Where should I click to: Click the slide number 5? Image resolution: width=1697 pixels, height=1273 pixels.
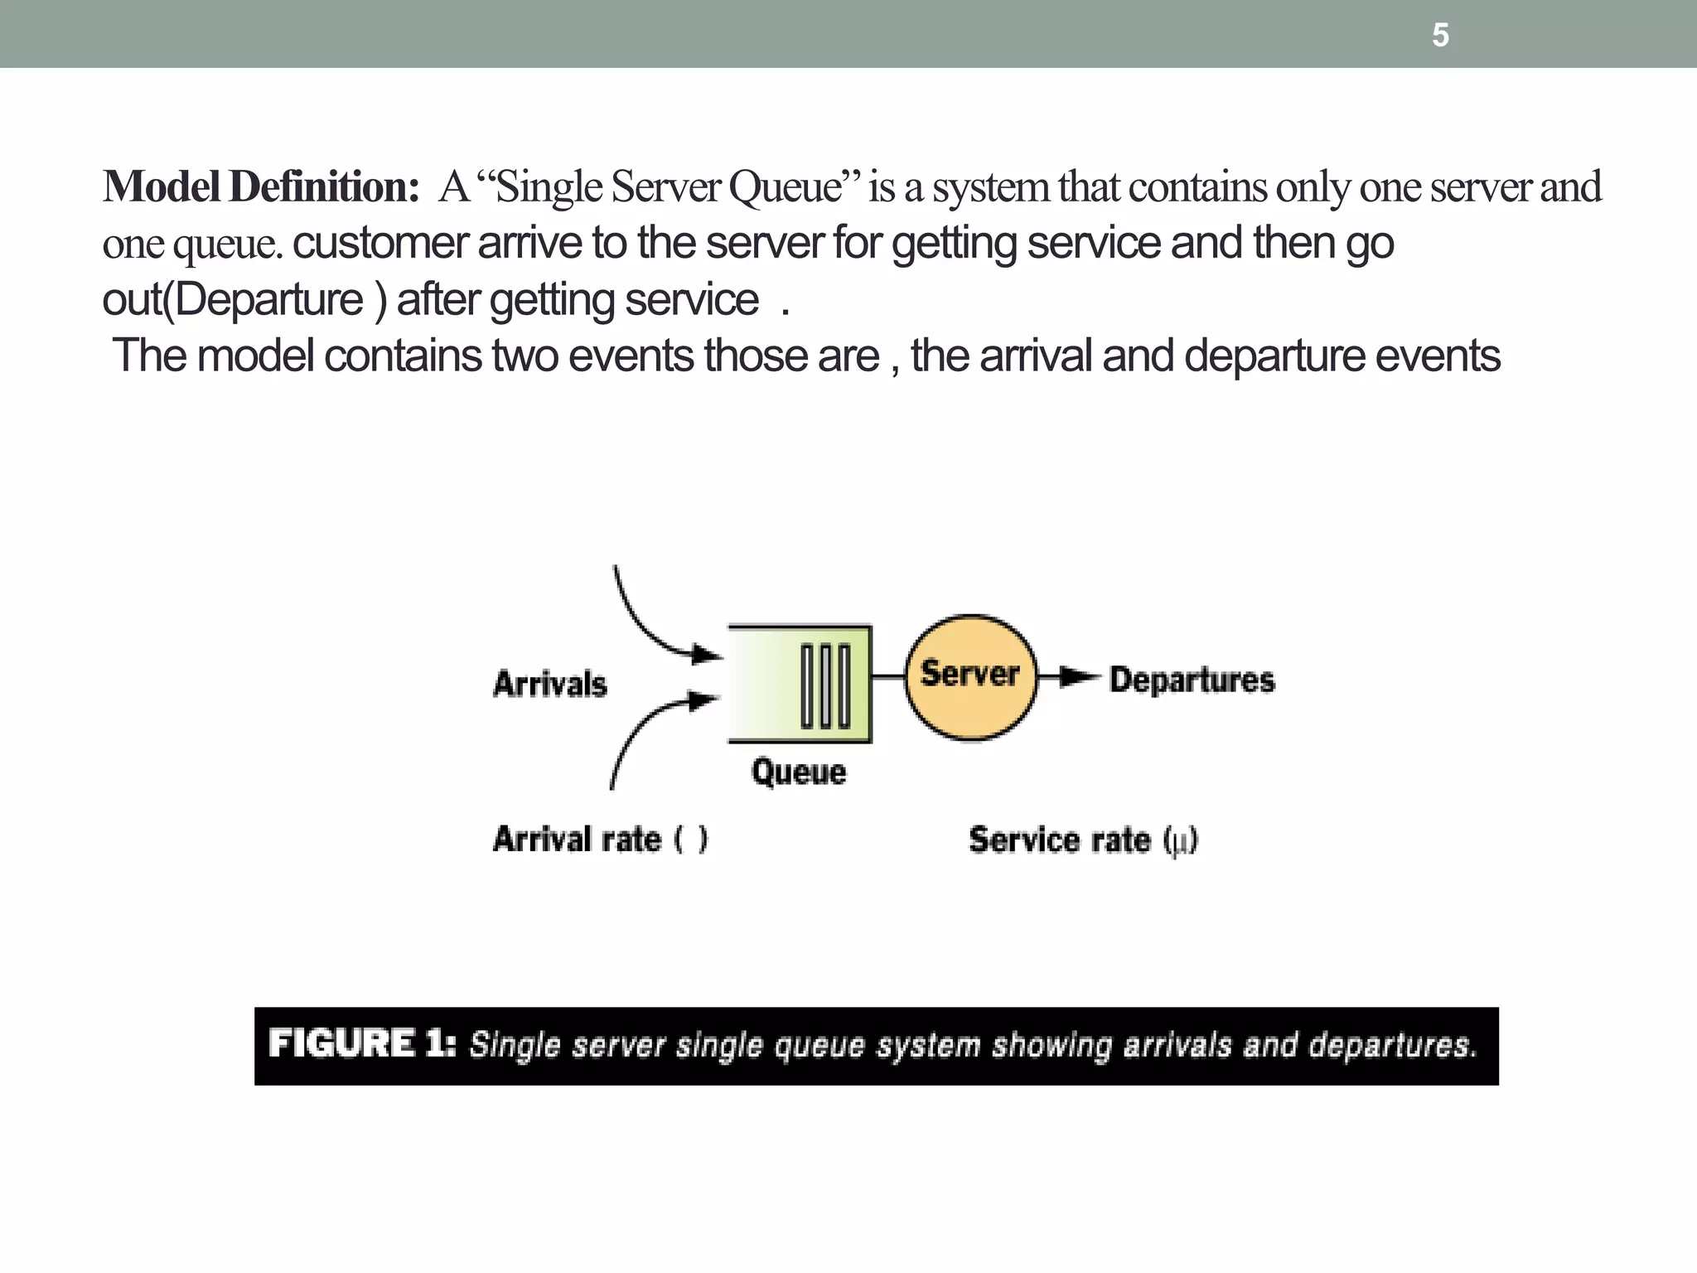point(1440,36)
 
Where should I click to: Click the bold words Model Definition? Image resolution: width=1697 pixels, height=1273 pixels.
point(261,186)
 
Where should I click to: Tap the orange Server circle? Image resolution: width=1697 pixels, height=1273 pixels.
point(969,677)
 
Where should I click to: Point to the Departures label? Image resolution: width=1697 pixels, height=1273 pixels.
point(1192,680)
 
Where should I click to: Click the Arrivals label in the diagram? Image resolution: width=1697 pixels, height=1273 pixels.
point(550,685)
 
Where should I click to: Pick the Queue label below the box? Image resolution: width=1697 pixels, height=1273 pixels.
point(799,772)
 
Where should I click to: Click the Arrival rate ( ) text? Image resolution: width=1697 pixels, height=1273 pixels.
point(600,840)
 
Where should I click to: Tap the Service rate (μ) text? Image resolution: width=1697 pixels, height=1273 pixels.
point(1083,840)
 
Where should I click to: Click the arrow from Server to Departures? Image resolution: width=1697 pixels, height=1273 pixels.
point(1071,677)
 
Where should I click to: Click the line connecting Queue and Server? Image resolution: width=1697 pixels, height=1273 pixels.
point(887,677)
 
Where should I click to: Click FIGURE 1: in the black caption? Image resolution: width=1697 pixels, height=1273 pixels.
point(361,1043)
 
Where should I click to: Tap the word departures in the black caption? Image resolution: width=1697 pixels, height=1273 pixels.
point(1392,1045)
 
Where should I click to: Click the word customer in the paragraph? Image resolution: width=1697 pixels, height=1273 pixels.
point(380,243)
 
